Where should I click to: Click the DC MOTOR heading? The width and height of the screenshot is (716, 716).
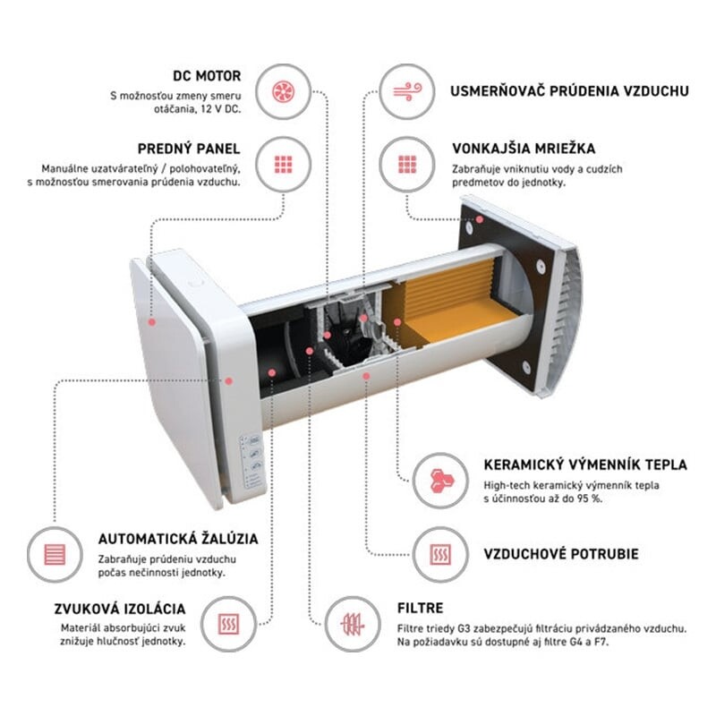point(207,76)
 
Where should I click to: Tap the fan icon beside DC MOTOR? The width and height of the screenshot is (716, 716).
point(283,92)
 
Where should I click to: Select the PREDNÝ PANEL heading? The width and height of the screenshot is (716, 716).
point(189,149)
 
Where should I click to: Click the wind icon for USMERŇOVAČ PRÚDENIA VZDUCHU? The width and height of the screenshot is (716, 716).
point(407,91)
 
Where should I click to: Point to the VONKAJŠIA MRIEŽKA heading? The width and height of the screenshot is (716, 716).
point(524,149)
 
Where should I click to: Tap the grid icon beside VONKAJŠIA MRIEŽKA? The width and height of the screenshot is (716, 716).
point(407,165)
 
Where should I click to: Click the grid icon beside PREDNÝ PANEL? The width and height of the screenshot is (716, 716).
point(283,165)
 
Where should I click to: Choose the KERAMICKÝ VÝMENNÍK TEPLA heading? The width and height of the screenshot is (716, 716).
point(585,465)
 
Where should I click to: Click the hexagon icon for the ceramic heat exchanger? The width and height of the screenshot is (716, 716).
point(441,481)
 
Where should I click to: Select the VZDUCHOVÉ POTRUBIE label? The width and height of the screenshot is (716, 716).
point(561,554)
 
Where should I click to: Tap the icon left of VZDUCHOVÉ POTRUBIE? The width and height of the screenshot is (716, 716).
point(440,554)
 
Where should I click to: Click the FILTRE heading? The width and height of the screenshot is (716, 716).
point(420,609)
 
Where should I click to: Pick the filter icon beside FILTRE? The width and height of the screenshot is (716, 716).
point(353,624)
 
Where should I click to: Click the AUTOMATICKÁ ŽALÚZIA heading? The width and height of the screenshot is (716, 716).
point(178,539)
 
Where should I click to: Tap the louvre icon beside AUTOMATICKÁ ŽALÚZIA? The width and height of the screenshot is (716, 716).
point(55,554)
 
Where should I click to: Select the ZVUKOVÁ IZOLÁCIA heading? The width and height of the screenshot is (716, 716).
point(120,609)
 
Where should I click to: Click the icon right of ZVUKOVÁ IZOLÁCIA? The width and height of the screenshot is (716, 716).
point(228,624)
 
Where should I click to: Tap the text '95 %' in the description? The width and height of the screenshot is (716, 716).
point(590,499)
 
